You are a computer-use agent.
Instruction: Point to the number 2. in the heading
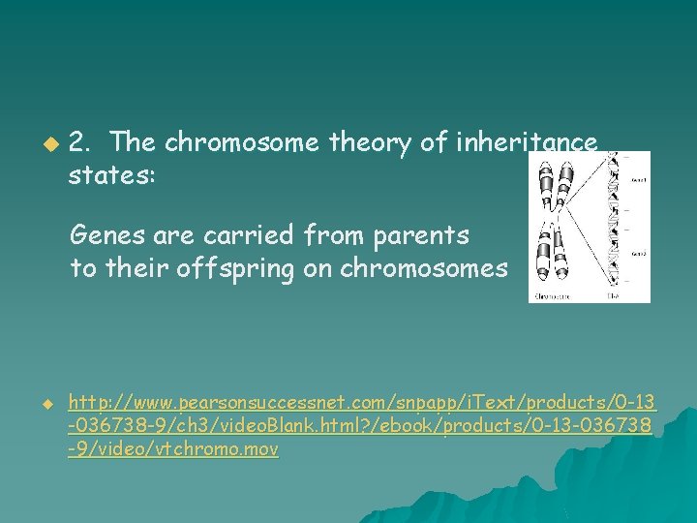tap(81, 143)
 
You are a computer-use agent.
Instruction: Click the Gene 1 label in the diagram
tap(638, 180)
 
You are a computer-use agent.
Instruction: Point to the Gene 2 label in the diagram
tap(638, 253)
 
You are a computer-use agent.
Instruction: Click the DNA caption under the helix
tap(613, 293)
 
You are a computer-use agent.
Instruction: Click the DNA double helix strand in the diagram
tap(613, 223)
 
